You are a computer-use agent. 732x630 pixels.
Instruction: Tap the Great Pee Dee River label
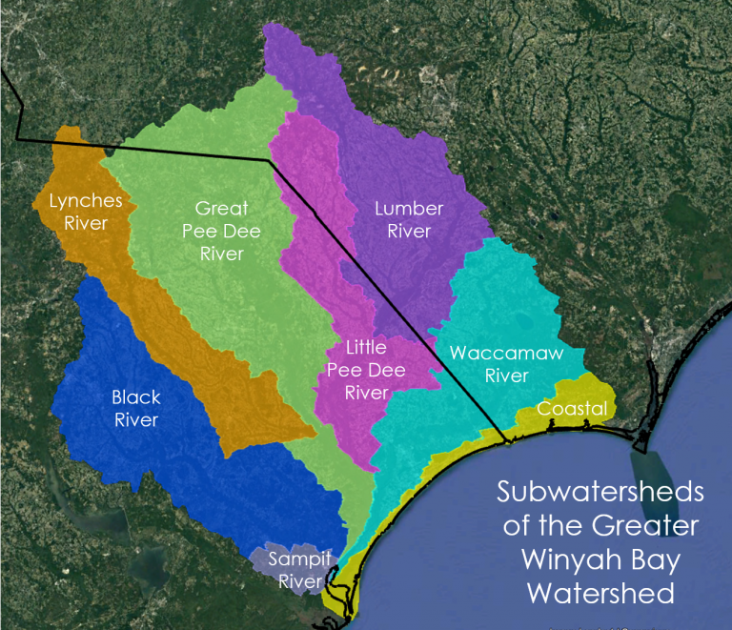click(x=221, y=231)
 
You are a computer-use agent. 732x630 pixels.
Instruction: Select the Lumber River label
click(x=409, y=219)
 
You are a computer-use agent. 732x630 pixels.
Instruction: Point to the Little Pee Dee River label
click(x=357, y=370)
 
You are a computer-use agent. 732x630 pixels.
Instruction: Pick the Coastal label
click(x=572, y=409)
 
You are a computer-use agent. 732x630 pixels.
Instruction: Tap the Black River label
click(x=136, y=408)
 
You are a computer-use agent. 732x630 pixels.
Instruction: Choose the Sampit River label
click(x=293, y=569)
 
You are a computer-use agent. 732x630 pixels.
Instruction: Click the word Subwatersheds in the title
click(x=600, y=494)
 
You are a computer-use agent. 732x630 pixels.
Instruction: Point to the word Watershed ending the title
click(x=600, y=594)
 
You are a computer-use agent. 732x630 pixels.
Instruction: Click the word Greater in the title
click(x=651, y=526)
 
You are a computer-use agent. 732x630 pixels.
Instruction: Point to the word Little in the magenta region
click(x=365, y=348)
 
